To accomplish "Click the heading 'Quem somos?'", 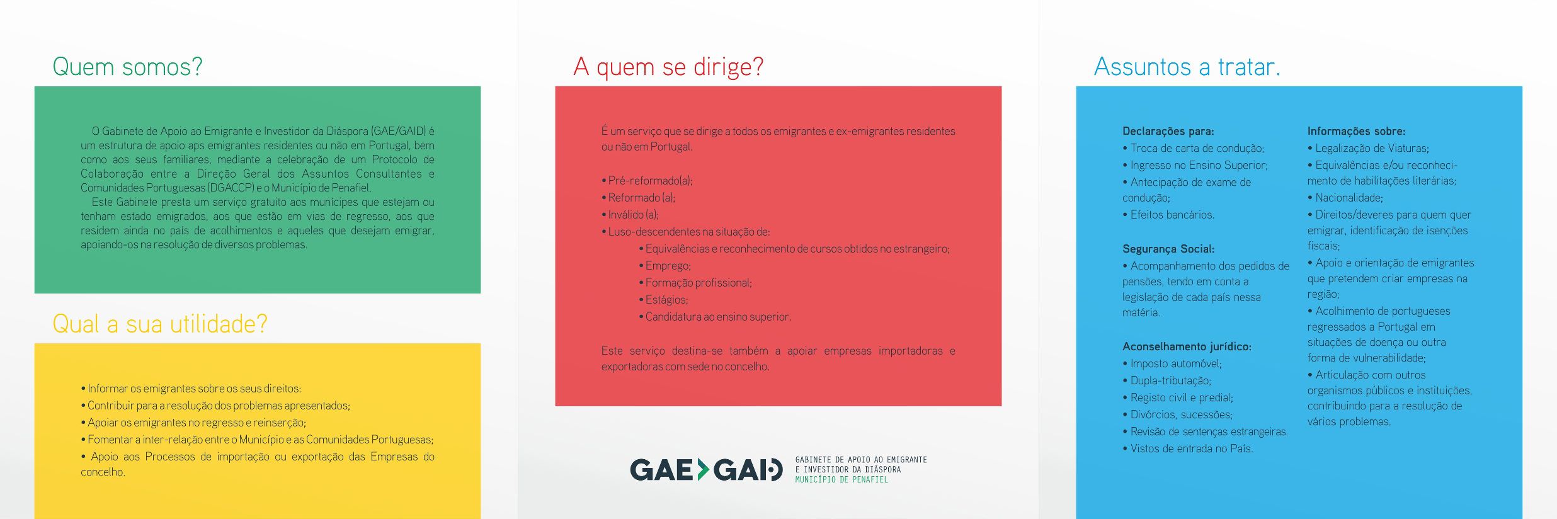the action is (x=127, y=67).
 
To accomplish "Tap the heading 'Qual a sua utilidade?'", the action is (x=160, y=324).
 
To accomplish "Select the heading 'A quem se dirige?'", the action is (x=668, y=67).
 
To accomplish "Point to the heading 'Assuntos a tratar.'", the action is (x=1187, y=67).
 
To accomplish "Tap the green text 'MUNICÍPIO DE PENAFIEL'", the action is (x=841, y=480).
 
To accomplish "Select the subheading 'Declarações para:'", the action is (x=1168, y=131).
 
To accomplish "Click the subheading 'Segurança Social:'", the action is (x=1168, y=249).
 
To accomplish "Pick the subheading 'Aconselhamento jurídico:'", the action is (x=1187, y=346).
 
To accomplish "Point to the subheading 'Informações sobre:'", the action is (x=1356, y=131).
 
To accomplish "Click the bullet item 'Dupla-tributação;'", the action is (x=1166, y=380).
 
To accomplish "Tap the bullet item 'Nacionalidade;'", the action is (x=1345, y=198).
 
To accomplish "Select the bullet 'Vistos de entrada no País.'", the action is (x=1187, y=448).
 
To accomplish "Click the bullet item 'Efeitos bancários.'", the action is (x=1168, y=215).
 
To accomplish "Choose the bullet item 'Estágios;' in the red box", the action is (x=663, y=300).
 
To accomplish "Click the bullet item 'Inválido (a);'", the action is (x=630, y=215).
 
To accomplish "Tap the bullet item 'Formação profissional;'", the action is (x=695, y=283).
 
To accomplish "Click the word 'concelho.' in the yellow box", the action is (x=103, y=472).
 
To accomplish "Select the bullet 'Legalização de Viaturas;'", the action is (x=1368, y=148).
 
